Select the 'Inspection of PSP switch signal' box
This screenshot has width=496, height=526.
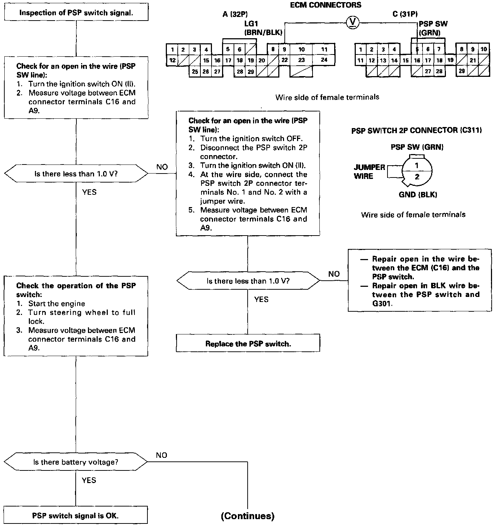pyautogui.click(x=76, y=13)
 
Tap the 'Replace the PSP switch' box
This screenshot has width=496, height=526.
pyautogui.click(x=248, y=343)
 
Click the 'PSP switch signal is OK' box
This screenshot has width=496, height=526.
pyautogui.click(x=75, y=516)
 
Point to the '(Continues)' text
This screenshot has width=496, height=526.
pyautogui.click(x=248, y=516)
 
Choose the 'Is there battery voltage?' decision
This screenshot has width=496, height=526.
pyautogui.click(x=76, y=462)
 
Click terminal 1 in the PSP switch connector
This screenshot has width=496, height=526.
pyautogui.click(x=417, y=166)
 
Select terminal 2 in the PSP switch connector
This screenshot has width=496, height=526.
pyautogui.click(x=417, y=177)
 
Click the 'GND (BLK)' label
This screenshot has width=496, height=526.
pyautogui.click(x=417, y=195)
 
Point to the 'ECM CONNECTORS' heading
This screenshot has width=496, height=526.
pyautogui.click(x=325, y=5)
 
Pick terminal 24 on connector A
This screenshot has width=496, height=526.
pyautogui.click(x=324, y=60)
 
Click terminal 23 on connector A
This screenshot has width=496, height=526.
pyautogui.click(x=301, y=60)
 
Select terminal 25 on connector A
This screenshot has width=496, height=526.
pyautogui.click(x=195, y=72)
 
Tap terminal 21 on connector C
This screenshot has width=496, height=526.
pyautogui.click(x=473, y=60)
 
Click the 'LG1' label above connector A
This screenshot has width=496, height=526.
pyautogui.click(x=251, y=24)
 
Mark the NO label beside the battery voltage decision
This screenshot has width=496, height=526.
pyautogui.click(x=161, y=455)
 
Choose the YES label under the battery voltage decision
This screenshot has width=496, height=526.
pyautogui.click(x=89, y=480)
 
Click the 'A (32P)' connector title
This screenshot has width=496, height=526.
pyautogui.click(x=235, y=14)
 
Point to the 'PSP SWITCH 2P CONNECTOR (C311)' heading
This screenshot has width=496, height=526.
pyautogui.click(x=416, y=130)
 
